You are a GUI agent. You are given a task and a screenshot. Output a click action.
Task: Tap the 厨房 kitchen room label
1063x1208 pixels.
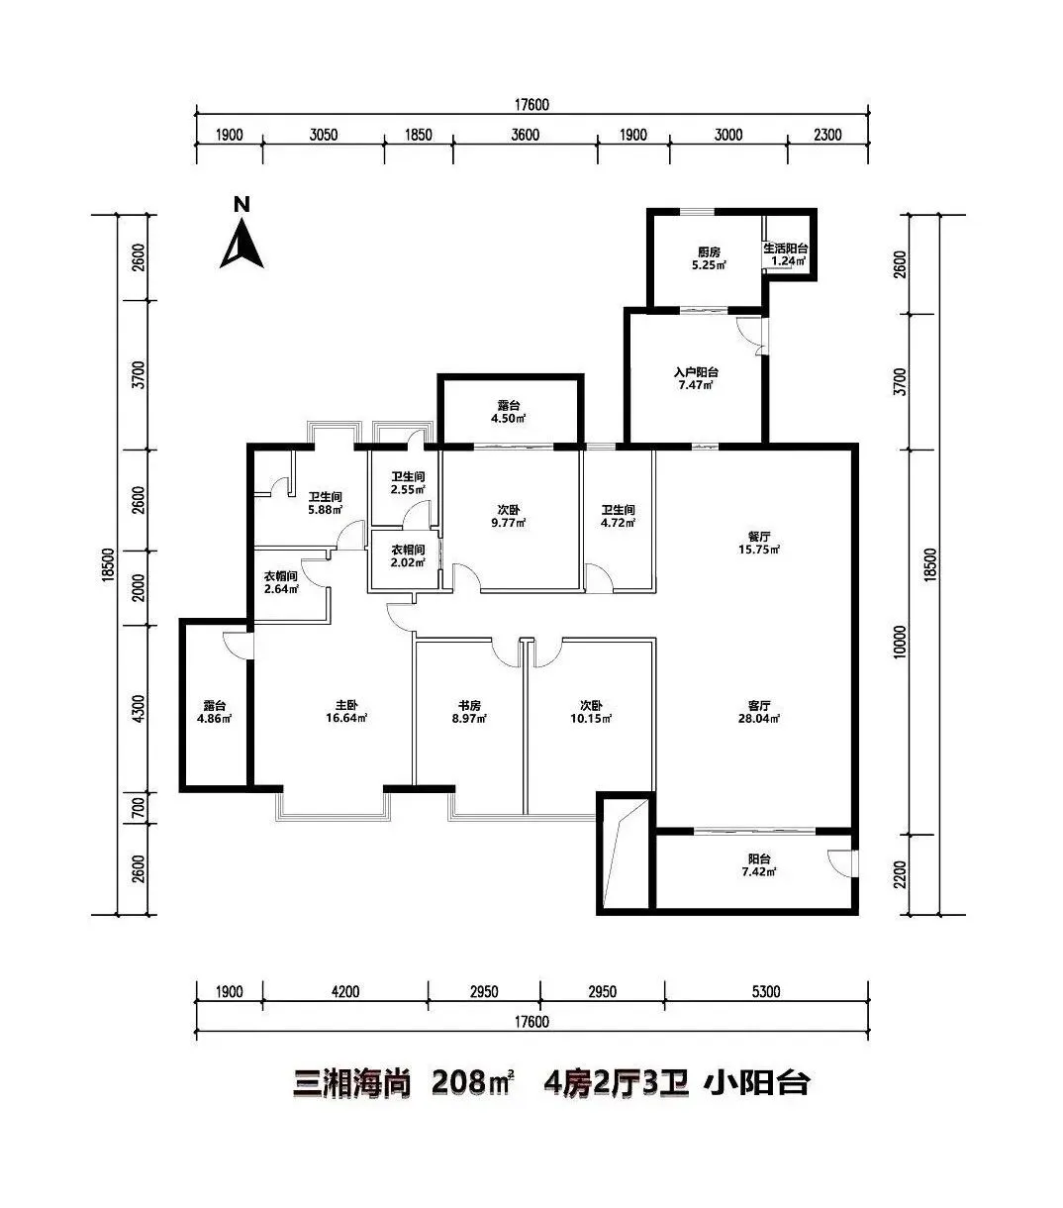709,258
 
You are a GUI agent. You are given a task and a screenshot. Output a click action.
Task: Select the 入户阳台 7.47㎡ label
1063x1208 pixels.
696,378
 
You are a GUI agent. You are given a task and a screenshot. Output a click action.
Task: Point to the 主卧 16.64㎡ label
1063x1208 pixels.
345,712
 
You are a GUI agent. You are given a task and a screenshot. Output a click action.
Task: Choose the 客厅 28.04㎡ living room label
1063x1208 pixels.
759,712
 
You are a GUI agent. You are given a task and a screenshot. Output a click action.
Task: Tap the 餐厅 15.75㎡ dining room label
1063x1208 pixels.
759,543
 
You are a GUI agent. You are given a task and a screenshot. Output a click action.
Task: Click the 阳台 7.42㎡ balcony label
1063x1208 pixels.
759,865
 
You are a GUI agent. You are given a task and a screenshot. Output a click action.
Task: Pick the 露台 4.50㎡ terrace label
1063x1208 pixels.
508,412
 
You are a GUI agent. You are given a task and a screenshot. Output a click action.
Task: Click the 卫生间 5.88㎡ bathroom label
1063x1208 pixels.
325,503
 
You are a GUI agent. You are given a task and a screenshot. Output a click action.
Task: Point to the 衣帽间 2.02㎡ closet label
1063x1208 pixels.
408,555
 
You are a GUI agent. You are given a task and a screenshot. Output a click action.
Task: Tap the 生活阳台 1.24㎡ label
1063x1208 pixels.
786,254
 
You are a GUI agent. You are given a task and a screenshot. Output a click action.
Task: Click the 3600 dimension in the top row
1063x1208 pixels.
526,135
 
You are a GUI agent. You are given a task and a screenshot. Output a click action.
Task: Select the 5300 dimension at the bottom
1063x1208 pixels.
766,991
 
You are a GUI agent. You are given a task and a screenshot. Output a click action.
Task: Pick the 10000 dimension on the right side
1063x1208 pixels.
901,642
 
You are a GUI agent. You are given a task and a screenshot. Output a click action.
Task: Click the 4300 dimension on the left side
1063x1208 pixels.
139,709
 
